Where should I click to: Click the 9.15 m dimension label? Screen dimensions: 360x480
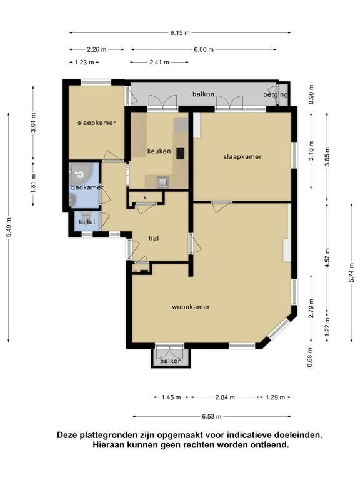180,32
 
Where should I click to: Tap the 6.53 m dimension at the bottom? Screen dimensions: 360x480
211,416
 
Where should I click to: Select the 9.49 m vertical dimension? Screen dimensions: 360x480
9,227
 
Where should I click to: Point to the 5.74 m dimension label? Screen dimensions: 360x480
351,273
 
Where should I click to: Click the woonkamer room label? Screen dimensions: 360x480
191,307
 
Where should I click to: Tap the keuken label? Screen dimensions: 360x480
159,151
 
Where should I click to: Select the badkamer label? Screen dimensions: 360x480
87,187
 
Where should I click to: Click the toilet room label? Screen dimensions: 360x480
87,222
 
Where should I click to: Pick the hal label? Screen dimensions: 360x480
154,238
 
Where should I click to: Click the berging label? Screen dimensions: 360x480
276,94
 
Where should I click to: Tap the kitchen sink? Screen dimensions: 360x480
162,182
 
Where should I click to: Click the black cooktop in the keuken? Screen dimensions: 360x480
180,153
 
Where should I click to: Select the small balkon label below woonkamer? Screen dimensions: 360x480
171,361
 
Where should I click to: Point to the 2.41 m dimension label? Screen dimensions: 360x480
159,62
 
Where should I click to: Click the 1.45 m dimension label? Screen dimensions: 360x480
171,397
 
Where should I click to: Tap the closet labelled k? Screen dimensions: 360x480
145,197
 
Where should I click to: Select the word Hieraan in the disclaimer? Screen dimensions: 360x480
107,445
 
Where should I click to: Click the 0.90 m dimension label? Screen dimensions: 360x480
312,94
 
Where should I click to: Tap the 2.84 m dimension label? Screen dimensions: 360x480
225,397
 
